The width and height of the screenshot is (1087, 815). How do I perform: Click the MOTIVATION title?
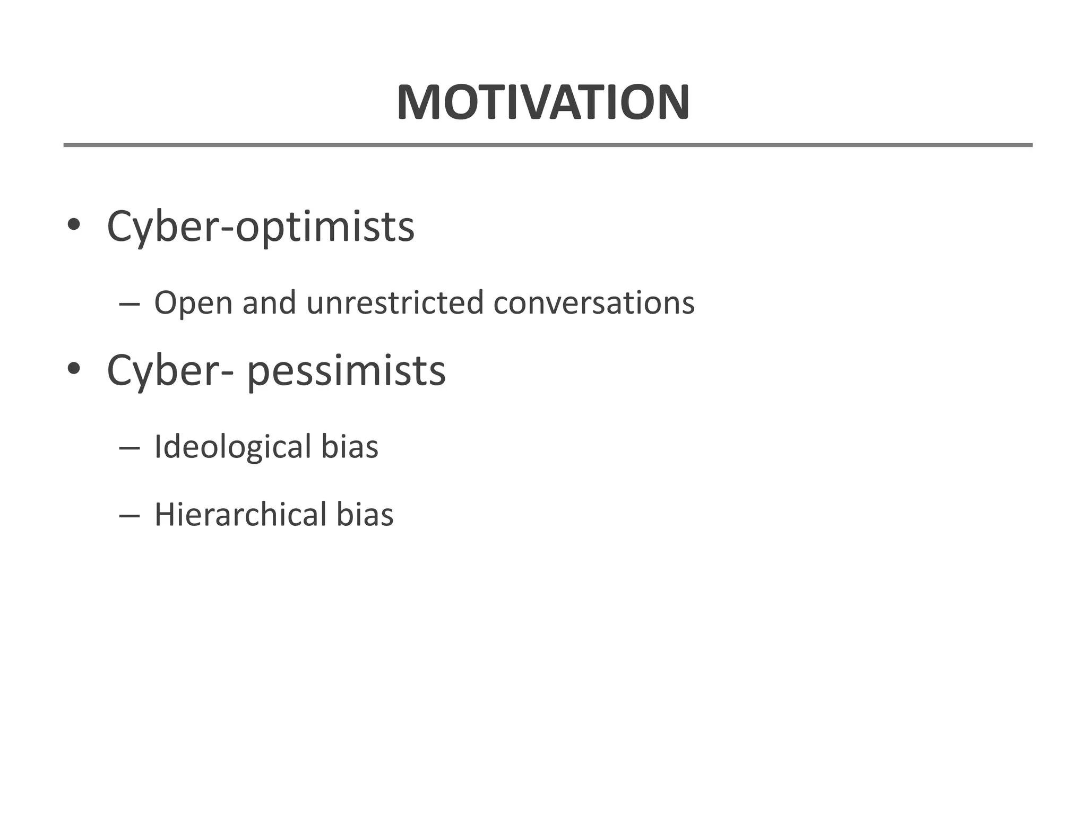543,102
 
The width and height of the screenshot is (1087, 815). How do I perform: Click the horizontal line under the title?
548,145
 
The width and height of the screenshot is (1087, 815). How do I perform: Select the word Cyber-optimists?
260,227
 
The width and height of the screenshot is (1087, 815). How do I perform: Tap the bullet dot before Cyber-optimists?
73,225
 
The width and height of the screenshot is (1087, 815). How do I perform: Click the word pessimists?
346,371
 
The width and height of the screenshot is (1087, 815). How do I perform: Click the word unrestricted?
395,302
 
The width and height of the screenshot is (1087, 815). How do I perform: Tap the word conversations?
594,302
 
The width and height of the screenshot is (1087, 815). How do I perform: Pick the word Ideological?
232,447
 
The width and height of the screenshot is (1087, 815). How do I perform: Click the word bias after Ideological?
349,446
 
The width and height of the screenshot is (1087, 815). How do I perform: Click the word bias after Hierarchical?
365,515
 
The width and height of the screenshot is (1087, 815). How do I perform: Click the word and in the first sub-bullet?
269,302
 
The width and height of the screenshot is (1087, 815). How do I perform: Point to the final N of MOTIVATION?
672,102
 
